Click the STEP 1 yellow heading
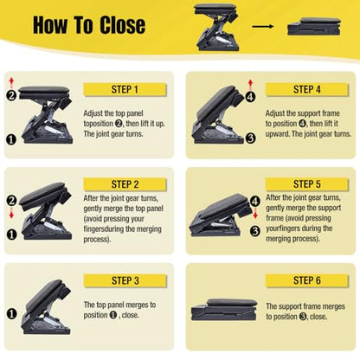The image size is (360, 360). (x=125, y=89)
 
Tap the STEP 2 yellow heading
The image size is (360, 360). (x=125, y=184)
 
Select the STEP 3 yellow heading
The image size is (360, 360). (x=125, y=280)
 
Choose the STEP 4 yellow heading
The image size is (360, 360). (x=306, y=89)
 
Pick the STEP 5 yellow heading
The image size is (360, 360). (x=306, y=184)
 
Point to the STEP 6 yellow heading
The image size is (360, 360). (x=306, y=280)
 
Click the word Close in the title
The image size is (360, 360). (x=123, y=25)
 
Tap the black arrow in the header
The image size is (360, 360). (x=262, y=27)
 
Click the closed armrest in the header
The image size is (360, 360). (x=314, y=26)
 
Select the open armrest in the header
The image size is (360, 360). (x=216, y=28)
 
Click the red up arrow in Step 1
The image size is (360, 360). (x=11, y=83)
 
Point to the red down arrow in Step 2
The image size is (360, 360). (x=11, y=213)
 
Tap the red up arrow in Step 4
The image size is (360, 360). (x=250, y=86)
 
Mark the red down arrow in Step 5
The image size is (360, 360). (x=255, y=214)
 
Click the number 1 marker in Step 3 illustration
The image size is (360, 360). (x=11, y=313)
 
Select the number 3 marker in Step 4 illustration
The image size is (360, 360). (x=250, y=138)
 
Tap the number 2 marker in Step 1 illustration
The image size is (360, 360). (x=11, y=95)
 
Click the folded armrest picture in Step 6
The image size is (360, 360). (x=224, y=310)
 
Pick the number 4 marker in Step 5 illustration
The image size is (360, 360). (x=255, y=201)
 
